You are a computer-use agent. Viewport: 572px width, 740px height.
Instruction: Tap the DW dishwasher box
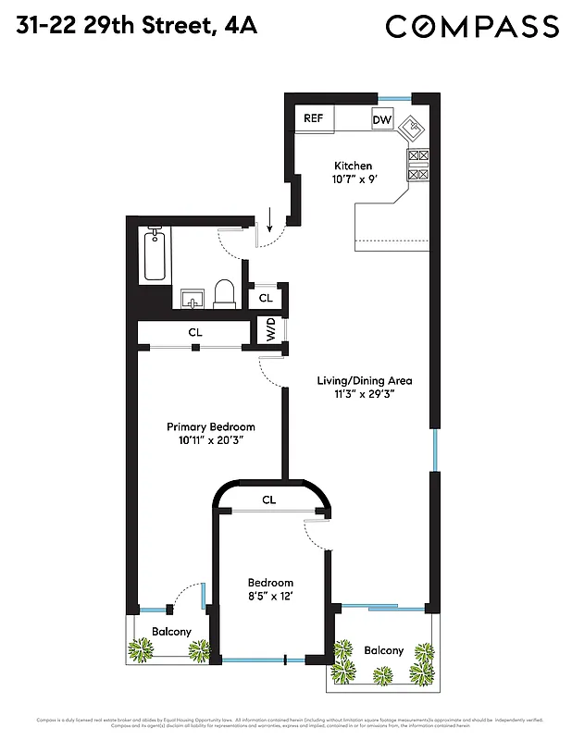[382, 119]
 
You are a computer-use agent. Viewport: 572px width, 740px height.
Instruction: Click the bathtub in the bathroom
[155, 258]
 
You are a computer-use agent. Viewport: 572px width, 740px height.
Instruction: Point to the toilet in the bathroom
[225, 293]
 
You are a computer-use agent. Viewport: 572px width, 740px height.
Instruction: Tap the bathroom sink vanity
[193, 296]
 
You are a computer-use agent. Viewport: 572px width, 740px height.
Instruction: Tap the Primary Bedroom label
[210, 426]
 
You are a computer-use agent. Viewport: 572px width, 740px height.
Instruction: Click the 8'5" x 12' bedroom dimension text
[270, 598]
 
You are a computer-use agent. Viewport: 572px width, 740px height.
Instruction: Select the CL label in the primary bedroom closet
[195, 331]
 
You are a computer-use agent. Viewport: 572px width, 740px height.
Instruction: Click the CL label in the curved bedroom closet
[268, 499]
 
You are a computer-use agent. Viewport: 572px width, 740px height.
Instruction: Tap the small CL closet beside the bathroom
[266, 298]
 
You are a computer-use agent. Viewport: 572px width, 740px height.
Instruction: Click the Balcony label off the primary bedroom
[171, 632]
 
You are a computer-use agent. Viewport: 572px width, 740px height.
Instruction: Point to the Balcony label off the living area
[383, 650]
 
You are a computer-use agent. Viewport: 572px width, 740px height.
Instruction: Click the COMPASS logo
[472, 27]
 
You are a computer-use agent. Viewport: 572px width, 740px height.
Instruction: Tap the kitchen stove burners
[418, 165]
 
